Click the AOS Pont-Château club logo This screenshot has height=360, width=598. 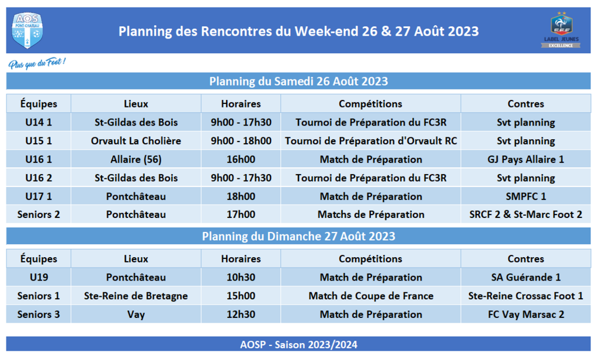(27, 30)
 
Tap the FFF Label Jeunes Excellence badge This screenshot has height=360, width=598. (561, 30)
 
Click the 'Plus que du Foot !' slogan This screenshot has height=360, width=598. (37, 63)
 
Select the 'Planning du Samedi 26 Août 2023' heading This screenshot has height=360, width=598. (298, 81)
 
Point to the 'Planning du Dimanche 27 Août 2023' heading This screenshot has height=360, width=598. (298, 236)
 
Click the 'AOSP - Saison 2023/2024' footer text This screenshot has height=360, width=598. (298, 345)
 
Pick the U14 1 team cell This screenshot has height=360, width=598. (39, 122)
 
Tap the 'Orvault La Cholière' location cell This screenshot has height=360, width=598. (135, 141)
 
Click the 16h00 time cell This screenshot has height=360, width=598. (241, 159)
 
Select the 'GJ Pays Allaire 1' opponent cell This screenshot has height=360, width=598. (526, 159)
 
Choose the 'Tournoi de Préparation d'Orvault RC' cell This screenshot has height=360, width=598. (371, 141)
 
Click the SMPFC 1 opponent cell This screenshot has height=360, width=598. (526, 196)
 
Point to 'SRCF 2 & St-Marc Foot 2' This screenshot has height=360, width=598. (526, 214)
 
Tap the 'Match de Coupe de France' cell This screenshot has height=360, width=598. (371, 296)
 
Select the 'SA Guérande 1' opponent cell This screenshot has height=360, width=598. (526, 277)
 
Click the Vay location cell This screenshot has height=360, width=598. (135, 314)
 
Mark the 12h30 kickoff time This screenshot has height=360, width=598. (241, 314)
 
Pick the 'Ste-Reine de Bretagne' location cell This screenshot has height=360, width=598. (135, 296)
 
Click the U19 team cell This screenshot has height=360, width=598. (39, 277)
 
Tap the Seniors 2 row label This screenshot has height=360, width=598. (39, 214)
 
